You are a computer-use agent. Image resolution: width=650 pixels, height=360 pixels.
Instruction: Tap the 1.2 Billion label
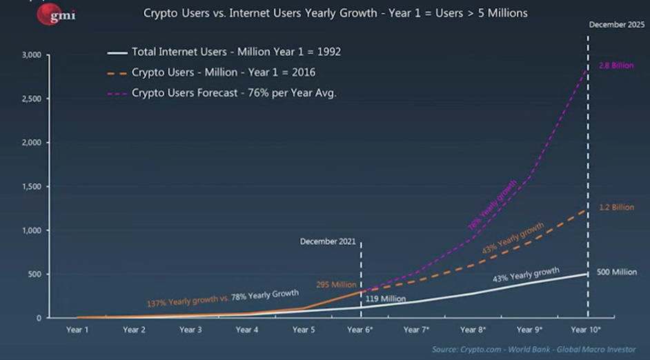(615, 207)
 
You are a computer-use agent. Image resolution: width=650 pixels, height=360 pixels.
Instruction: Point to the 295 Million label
(336, 285)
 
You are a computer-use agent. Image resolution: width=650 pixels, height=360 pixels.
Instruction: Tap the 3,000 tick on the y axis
(32, 54)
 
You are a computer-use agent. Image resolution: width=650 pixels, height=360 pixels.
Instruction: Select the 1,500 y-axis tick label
(32, 186)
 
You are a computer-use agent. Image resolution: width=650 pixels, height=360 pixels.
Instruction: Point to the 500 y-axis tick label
(35, 274)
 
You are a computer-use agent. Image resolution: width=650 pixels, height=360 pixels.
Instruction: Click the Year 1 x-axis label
(77, 330)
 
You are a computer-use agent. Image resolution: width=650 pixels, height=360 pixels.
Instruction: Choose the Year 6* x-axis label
(360, 330)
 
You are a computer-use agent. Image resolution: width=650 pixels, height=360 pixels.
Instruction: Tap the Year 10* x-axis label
(587, 330)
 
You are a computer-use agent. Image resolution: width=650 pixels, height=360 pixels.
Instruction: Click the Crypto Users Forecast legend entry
(234, 93)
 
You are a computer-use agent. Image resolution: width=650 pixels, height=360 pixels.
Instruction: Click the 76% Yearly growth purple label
(492, 205)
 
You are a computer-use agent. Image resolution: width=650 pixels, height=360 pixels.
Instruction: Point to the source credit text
(534, 349)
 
